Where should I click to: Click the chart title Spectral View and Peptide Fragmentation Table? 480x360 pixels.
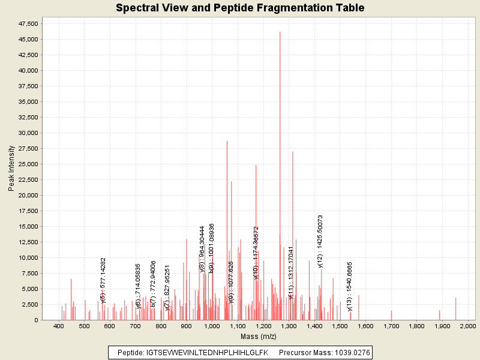point(240,8)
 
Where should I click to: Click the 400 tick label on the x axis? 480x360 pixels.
point(59,326)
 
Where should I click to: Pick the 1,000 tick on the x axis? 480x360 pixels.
point(212,326)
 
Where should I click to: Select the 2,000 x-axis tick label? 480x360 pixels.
point(467,326)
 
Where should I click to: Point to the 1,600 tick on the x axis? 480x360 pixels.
point(365,326)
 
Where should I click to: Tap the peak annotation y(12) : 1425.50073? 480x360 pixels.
point(320,241)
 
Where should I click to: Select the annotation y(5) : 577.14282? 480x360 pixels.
point(103,281)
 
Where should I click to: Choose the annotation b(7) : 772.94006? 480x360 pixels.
point(154,284)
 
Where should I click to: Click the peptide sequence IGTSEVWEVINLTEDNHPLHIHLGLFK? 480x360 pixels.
point(207,352)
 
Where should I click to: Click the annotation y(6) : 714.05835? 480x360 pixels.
point(139,286)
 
